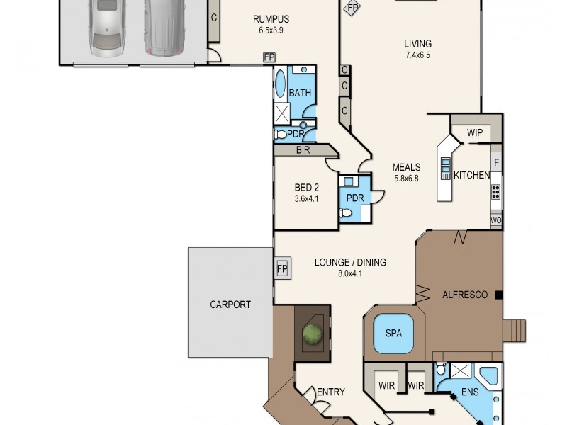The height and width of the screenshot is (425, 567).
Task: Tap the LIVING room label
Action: coord(418,43)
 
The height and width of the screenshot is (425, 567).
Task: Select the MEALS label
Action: coord(406,167)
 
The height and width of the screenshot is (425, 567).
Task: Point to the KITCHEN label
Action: coord(471,175)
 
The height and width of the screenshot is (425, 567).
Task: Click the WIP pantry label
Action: coord(475,132)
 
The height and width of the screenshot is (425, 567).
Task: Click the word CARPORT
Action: coord(230,305)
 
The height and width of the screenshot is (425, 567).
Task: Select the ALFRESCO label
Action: coord(464,294)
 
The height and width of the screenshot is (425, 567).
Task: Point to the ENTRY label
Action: coord(330,392)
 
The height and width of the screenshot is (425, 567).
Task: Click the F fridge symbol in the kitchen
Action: coord(497,162)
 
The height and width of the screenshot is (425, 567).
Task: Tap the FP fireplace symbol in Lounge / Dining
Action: coord(282,269)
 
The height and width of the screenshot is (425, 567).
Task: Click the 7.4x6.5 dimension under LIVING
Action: coord(418,55)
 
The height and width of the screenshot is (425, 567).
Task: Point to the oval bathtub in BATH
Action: coord(281,84)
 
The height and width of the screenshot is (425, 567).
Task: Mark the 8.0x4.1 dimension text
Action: coord(350,273)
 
